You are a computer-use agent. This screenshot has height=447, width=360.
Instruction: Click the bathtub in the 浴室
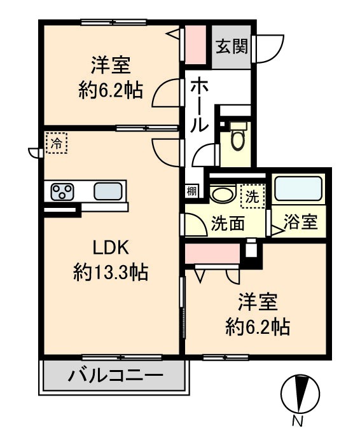(298, 189)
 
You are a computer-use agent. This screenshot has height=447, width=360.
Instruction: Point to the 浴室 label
(300, 223)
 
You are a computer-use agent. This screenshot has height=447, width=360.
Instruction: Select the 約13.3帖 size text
(111, 273)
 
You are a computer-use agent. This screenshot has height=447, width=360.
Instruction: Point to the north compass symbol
(299, 393)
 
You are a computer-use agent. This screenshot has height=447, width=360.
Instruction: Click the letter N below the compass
(297, 421)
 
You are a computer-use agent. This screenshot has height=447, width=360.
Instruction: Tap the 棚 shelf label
(191, 189)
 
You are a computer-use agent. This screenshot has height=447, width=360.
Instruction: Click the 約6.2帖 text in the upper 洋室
(106, 90)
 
